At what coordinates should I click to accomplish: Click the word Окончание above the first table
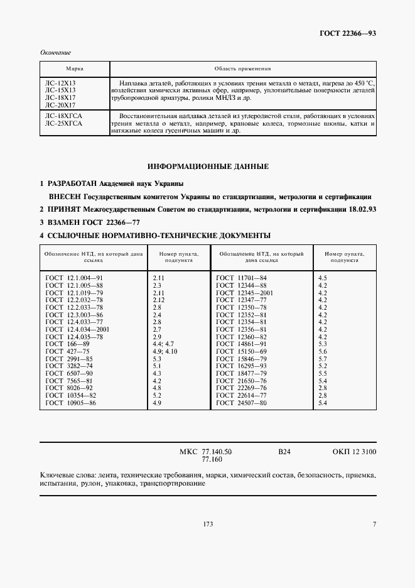coord(55,53)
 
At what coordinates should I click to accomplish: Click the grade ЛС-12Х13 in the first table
coord(60,83)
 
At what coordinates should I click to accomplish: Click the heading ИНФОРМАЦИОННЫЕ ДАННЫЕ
coord(208,167)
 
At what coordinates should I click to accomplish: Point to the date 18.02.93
coord(361,209)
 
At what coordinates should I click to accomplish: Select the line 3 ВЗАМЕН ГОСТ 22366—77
coord(90,222)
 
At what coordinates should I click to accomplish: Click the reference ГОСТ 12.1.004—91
coord(75,277)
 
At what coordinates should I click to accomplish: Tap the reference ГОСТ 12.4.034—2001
coord(78,329)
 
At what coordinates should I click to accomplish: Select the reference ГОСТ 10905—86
coord(71,403)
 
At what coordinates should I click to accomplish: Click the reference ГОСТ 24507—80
coord(241,403)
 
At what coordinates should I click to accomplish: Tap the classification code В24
coord(284,452)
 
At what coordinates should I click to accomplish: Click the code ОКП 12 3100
coord(355,452)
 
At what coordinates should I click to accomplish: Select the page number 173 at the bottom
coord(208,525)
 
